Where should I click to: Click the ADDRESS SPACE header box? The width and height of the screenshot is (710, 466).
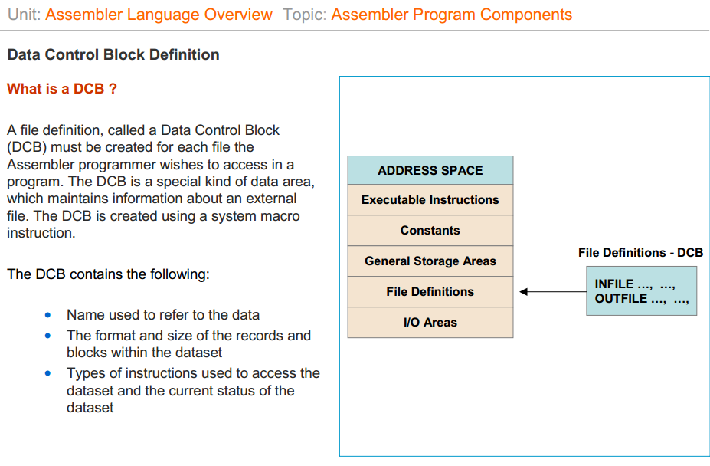click(430, 170)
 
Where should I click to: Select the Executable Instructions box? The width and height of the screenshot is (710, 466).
click(430, 200)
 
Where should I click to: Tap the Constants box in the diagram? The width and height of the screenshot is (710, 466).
click(430, 231)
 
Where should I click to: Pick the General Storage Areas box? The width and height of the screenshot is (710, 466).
click(430, 261)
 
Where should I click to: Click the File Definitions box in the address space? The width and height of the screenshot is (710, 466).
click(430, 292)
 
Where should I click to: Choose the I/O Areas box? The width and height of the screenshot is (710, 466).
click(430, 323)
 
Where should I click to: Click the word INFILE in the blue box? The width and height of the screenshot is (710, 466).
click(614, 284)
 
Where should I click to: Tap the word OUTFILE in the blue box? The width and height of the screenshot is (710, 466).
click(621, 299)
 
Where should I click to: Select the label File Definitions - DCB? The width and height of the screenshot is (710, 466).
click(640, 253)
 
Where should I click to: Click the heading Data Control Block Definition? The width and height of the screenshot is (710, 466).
click(113, 55)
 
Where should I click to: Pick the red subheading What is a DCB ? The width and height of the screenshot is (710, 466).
click(62, 89)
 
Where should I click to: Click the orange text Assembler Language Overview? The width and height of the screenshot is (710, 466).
click(159, 15)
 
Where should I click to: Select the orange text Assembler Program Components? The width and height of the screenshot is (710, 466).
click(451, 15)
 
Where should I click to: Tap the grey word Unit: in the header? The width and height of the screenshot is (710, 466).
click(24, 15)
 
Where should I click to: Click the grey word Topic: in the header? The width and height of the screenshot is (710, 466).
click(304, 15)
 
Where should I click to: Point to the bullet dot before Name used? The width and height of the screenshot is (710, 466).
click(49, 315)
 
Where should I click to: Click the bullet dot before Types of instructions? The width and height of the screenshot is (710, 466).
click(49, 374)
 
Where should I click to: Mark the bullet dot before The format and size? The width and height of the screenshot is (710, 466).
click(49, 336)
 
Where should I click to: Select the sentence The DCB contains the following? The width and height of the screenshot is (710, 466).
click(108, 274)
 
